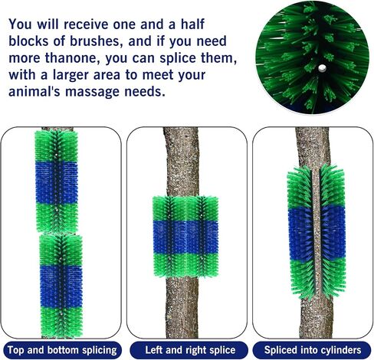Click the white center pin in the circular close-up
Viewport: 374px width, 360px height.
pyautogui.click(x=322, y=68)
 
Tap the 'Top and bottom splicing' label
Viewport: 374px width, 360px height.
pyautogui.click(x=62, y=350)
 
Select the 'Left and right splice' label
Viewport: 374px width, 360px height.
pyautogui.click(x=190, y=350)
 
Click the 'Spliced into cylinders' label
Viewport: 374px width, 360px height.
pyautogui.click(x=313, y=350)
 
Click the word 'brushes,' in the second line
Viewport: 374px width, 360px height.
pyautogui.click(x=95, y=41)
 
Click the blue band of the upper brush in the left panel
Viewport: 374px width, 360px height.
pyautogui.click(x=57, y=182)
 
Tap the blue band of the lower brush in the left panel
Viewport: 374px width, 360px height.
pyautogui.click(x=61, y=286)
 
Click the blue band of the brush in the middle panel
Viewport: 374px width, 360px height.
pyautogui.click(x=185, y=237)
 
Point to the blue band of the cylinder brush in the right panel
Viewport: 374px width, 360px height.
pyautogui.click(x=317, y=234)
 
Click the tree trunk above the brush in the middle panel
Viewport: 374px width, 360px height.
pyautogui.click(x=182, y=162)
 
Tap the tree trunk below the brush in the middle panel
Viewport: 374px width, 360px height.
pyautogui.click(x=182, y=307)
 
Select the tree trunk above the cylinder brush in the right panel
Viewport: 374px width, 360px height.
pyautogui.click(x=313, y=148)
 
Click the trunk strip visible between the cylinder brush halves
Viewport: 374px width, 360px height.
pyautogui.click(x=317, y=232)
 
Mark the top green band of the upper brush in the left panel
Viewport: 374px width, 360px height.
pyautogui.click(x=56, y=146)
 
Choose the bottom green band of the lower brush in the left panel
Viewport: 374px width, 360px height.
pyautogui.click(x=61, y=322)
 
